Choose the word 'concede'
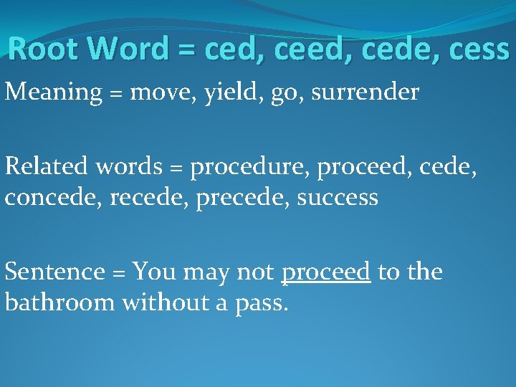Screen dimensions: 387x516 point(52,196)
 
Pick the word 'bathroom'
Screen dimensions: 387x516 point(59,302)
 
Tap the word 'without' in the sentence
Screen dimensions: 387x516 point(155,302)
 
